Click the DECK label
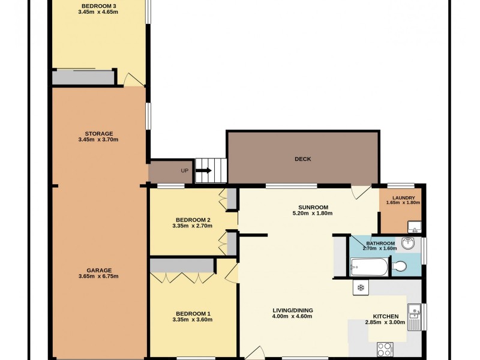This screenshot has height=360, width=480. coord(302,159)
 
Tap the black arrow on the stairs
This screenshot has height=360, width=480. coord(204,170)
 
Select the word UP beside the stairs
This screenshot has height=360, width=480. coord(184,170)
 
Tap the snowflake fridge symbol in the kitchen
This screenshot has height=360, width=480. coord(361,288)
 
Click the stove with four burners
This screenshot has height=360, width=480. coord(385,349)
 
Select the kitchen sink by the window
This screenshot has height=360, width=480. coord(413,313)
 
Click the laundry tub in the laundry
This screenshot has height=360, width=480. coord(413,226)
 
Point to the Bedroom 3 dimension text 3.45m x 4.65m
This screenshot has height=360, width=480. coord(99,12)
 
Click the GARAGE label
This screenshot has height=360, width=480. coord(99,270)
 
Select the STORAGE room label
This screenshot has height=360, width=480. coord(99,133)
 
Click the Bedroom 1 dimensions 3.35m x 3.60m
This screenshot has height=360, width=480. coord(193,319)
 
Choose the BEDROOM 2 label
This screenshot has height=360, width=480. coord(193,219)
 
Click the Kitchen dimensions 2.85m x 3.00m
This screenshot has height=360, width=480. coord(385,322)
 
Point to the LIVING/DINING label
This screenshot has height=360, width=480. coord(292,310)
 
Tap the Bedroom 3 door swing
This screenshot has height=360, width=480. coord(132,79)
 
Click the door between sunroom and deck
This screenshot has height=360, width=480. coord(360,191)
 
